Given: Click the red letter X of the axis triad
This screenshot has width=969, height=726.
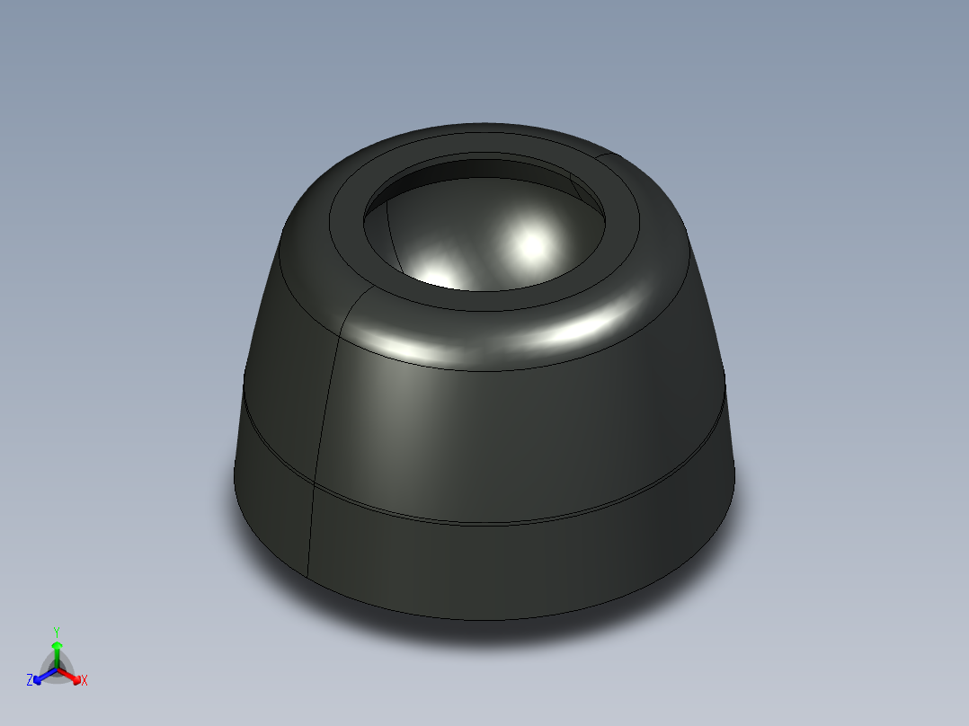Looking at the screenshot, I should [x=84, y=681].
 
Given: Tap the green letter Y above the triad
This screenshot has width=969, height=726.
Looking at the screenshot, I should [x=57, y=632].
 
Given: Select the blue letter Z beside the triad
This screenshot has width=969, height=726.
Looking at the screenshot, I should [x=30, y=680].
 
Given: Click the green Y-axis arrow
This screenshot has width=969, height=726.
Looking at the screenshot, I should [x=57, y=654].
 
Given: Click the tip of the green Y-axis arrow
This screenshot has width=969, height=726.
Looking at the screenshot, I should [x=57, y=643].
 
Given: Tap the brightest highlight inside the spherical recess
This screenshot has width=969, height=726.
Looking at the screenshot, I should [x=531, y=243].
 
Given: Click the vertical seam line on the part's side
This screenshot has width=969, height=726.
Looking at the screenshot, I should [x=325, y=404].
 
